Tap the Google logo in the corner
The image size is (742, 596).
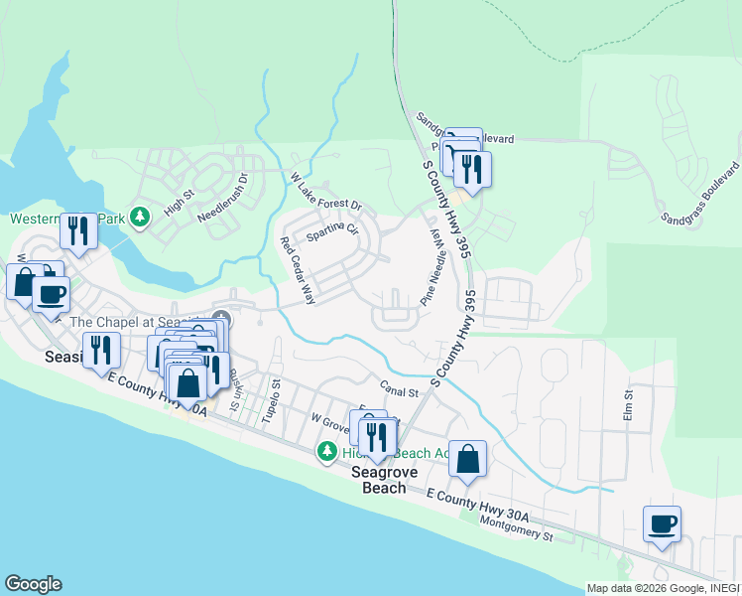[33, 584]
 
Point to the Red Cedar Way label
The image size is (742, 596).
[298, 271]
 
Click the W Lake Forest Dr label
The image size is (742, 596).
[326, 193]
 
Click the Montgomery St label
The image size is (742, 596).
[515, 527]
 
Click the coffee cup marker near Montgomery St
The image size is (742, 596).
[662, 523]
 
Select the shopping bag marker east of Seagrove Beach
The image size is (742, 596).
[468, 459]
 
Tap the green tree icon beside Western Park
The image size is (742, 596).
[141, 217]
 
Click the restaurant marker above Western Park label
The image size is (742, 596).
[78, 230]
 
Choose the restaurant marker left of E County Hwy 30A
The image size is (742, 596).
[101, 351]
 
